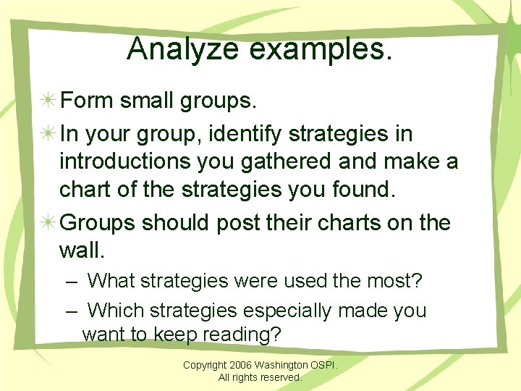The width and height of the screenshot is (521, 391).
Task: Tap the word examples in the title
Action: [320, 49]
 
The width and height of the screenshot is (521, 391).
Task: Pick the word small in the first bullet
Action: [146, 101]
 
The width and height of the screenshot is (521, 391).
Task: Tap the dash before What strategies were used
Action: [71, 280]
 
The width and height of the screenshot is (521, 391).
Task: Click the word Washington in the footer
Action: [281, 365]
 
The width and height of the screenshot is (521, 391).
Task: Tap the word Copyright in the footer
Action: [204, 365]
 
